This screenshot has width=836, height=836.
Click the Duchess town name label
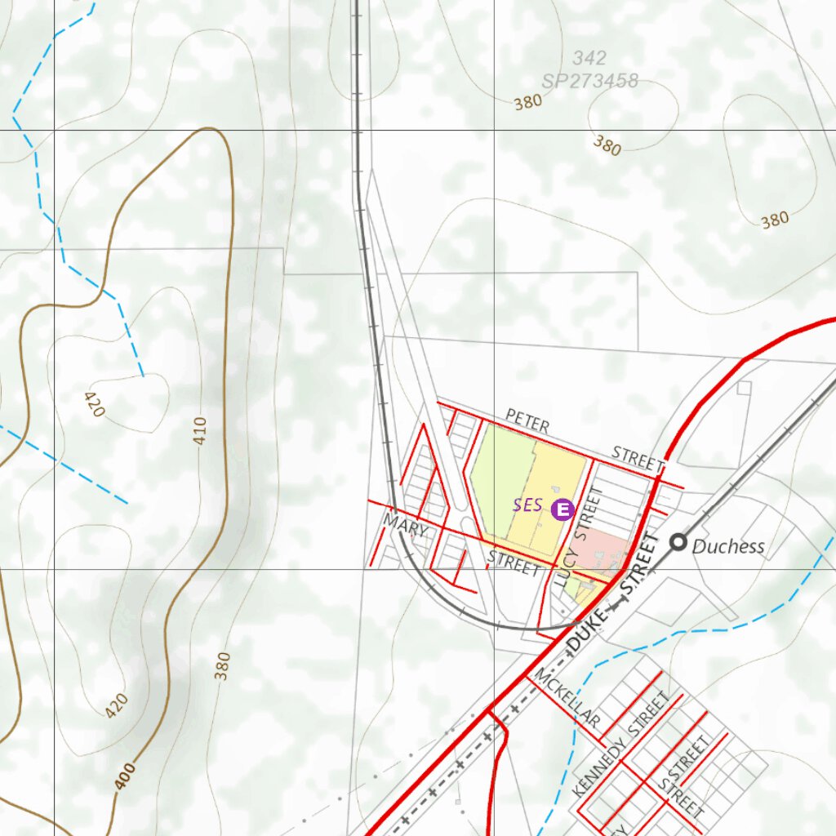(728, 546)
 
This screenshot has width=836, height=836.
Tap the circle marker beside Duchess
(678, 541)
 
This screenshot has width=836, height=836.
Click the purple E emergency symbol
(563, 510)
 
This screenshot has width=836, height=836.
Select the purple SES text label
(527, 505)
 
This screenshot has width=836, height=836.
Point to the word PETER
(527, 421)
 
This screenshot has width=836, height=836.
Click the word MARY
(406, 527)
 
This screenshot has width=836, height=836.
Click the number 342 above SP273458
(589, 58)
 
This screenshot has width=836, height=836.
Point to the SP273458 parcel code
(589, 81)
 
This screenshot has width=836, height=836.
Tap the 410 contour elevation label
(200, 430)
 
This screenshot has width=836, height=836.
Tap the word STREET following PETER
(638, 459)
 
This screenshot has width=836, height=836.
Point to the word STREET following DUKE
(638, 567)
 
